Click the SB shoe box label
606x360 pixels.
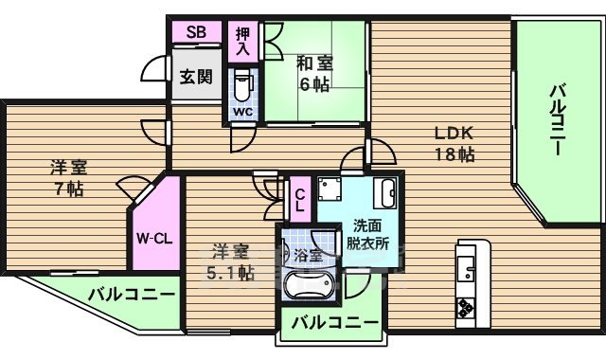pyautogui.click(x=196, y=31)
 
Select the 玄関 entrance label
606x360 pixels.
pyautogui.click(x=196, y=77)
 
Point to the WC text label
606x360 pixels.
pyautogui.click(x=243, y=112)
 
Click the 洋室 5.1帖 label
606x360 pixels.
pyautogui.click(x=230, y=262)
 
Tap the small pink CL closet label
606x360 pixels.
pyautogui.click(x=299, y=201)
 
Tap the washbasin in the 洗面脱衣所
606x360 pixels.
pyautogui.click(x=386, y=194)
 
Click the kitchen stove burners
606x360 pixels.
pyautogui.click(x=467, y=308)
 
